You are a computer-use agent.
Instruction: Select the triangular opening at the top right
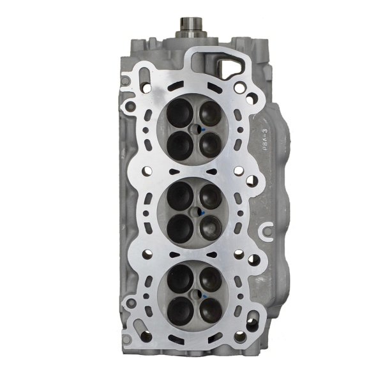click(230, 69)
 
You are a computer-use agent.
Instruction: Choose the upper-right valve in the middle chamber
click(209, 194)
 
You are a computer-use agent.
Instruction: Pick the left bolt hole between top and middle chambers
click(146, 170)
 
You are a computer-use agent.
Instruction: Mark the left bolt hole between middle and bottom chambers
click(146, 253)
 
